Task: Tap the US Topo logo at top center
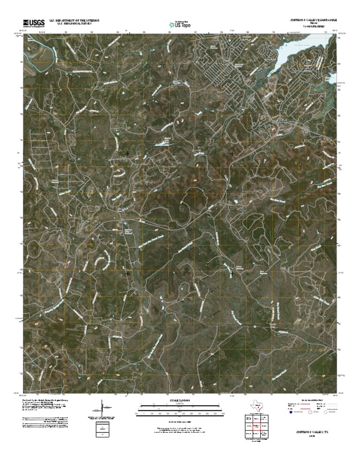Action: tap(180, 23)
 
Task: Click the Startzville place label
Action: tap(280, 120)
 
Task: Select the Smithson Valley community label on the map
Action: tap(122, 209)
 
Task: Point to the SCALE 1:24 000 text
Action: tap(180, 400)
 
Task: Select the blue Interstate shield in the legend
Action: tap(291, 413)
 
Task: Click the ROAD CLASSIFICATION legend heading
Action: tap(311, 398)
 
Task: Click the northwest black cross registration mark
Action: tap(127, 153)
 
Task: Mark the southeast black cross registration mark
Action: tap(232, 273)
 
